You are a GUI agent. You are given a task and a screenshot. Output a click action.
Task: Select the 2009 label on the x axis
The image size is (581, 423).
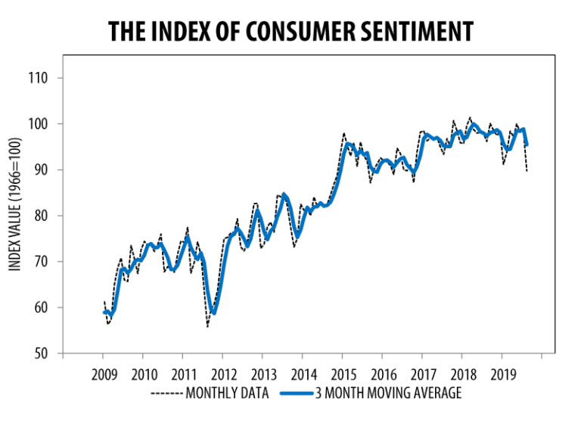104,374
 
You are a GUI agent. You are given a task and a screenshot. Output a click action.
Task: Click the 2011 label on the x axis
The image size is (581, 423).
184,374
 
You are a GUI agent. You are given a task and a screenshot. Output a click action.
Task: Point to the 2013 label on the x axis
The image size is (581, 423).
263,374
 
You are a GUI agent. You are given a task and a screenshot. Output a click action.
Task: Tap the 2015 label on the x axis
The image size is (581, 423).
343,374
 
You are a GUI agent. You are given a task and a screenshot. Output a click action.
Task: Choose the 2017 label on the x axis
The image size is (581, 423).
422,374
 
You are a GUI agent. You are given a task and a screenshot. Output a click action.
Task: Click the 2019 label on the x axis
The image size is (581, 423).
502,374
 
